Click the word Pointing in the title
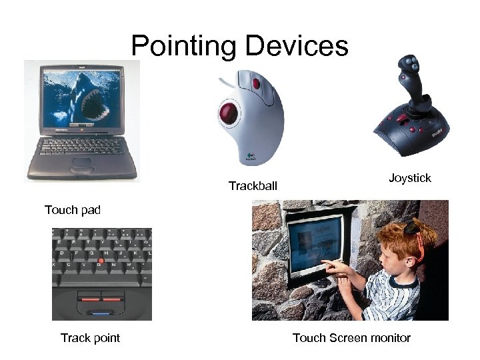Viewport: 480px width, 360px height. [x=184, y=46]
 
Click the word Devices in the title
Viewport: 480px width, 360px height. [x=297, y=46]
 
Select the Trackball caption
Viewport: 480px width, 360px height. [x=253, y=186]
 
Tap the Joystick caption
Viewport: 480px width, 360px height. [x=410, y=178]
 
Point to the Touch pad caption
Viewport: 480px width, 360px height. [x=73, y=211]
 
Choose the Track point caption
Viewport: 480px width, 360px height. [x=90, y=338]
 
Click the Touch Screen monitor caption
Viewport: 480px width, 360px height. [x=351, y=338]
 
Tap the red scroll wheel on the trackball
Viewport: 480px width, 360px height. [x=257, y=83]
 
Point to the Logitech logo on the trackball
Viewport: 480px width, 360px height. [x=251, y=155]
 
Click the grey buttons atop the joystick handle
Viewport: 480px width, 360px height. [x=409, y=67]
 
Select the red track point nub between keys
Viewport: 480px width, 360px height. [x=101, y=260]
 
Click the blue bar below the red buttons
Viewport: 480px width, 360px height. [x=101, y=312]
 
